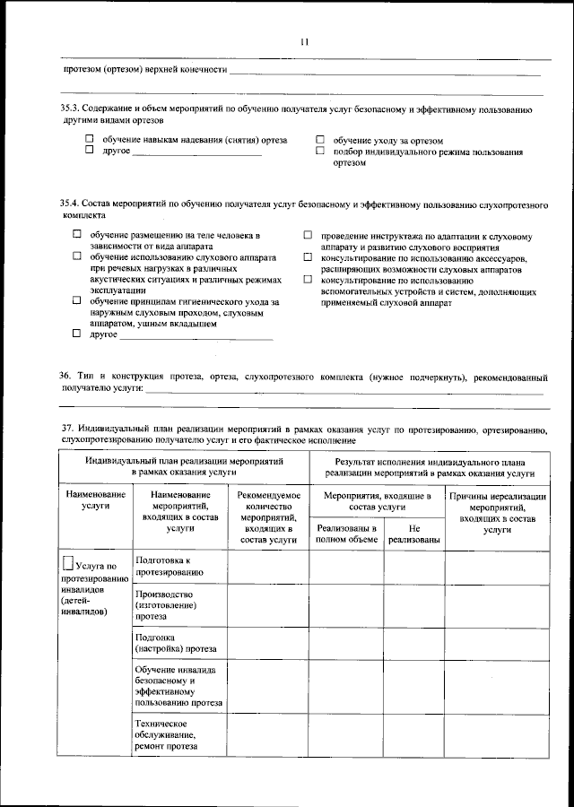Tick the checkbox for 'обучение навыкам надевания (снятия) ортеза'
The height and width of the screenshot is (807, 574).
pos(90,140)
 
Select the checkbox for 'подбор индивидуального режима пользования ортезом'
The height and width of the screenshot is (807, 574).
pos(320,152)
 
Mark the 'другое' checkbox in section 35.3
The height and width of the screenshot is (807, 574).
pos(90,151)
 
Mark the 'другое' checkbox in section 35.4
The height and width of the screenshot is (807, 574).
pos(77,334)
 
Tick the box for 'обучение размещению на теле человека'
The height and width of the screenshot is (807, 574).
pos(77,235)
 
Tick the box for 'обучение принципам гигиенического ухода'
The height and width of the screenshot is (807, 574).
pos(77,301)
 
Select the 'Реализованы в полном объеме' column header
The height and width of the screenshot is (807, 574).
pos(346,534)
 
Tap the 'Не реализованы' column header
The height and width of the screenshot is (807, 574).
pos(413,534)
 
